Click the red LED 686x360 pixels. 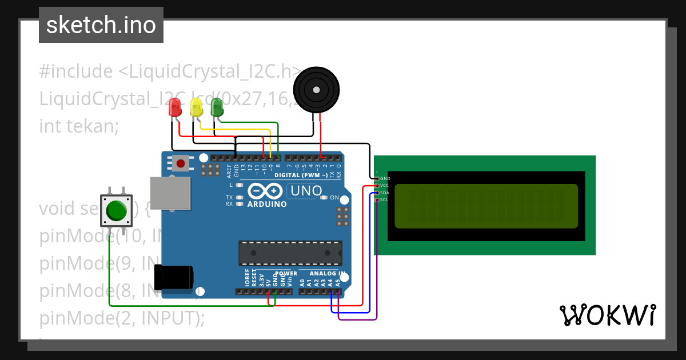coord(176,107)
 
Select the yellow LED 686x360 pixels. coord(196,107)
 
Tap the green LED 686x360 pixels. coord(217,107)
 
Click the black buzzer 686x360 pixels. coord(316,89)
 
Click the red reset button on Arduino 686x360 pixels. coord(181,164)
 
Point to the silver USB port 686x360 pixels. coord(170,193)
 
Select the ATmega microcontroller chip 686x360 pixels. coord(290,253)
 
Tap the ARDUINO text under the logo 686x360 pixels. coord(267,204)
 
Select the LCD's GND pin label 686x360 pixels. coord(385,178)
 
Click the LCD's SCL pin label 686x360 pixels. coord(385,200)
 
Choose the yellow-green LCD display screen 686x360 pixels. coord(486,206)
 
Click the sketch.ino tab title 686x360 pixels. coord(101,25)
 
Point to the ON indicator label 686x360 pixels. coord(334,198)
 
